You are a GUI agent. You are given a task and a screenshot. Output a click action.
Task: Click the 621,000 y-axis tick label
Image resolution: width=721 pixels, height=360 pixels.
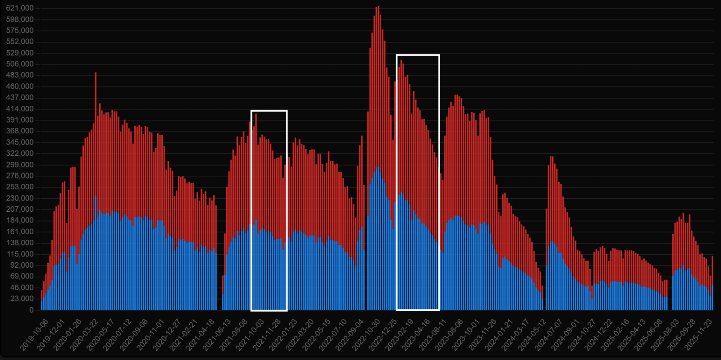pos(20,8)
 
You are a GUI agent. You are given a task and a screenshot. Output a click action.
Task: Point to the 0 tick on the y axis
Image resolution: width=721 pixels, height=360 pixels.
pos(32,310)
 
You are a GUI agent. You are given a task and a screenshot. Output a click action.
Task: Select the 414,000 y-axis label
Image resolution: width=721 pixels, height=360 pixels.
pos(20,109)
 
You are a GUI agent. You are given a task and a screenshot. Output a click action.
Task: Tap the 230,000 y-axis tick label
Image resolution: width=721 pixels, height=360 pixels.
pos(20,198)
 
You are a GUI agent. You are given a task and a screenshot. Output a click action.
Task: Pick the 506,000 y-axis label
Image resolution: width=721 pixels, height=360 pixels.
pos(20,64)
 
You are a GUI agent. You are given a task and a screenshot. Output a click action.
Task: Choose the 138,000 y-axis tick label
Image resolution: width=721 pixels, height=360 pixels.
pos(20,243)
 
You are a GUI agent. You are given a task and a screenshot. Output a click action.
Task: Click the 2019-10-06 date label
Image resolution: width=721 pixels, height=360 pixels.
pos(35,334)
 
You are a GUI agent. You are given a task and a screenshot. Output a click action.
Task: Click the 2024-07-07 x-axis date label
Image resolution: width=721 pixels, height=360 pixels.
pos(550,334)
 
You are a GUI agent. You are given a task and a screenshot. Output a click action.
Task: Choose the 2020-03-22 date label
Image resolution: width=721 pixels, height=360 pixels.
pos(85,334)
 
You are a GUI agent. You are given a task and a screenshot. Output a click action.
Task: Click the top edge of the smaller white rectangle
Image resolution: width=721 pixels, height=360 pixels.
pos(269,110)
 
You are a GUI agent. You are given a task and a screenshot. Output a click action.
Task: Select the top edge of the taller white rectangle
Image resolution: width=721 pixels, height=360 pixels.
pos(418,55)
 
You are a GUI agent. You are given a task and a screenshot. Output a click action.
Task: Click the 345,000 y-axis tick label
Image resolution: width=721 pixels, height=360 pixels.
pos(20,142)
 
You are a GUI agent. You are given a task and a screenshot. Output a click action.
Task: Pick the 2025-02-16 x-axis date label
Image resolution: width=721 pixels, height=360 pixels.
pos(616,334)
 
